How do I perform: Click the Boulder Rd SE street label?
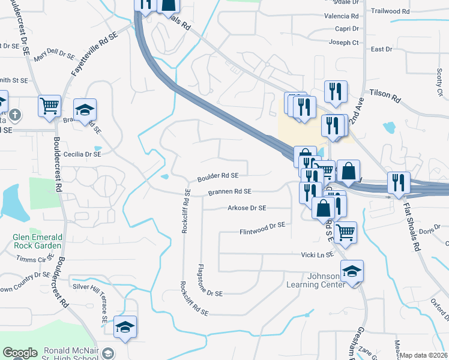tap(218, 176)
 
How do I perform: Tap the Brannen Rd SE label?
tap(229, 192)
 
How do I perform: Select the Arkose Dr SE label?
tap(246, 208)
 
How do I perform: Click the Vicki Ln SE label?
tap(317, 255)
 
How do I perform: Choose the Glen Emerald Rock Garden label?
tap(37, 241)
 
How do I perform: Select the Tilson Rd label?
tap(385, 93)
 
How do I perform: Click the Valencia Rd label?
tap(341, 16)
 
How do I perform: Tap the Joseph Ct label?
tap(343, 43)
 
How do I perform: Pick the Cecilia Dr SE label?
tap(83, 154)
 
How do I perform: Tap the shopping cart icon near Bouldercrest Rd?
tap(50, 106)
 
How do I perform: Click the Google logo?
tap(20, 353)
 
